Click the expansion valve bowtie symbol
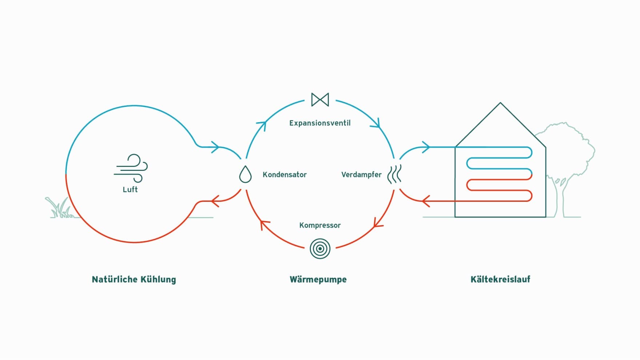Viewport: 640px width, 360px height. point(320,100)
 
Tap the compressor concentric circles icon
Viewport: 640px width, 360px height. point(320,249)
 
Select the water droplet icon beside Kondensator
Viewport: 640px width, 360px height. point(245,174)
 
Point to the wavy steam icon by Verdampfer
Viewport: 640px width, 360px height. point(395,174)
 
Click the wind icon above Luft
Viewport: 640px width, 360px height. point(131,168)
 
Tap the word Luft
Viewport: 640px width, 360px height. point(130,189)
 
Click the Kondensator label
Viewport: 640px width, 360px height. point(284,175)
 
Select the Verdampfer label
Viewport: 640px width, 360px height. point(361,175)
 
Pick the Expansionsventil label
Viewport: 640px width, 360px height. point(320,123)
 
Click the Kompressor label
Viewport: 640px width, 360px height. point(320,225)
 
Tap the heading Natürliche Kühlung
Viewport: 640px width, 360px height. point(134,279)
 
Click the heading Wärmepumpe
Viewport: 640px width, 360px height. point(318,279)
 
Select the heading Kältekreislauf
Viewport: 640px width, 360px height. point(500,279)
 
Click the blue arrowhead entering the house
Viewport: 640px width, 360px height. point(426,147)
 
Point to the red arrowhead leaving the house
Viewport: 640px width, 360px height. point(426,201)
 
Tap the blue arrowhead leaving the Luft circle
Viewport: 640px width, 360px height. point(215,147)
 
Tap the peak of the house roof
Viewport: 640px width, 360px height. point(500,103)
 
